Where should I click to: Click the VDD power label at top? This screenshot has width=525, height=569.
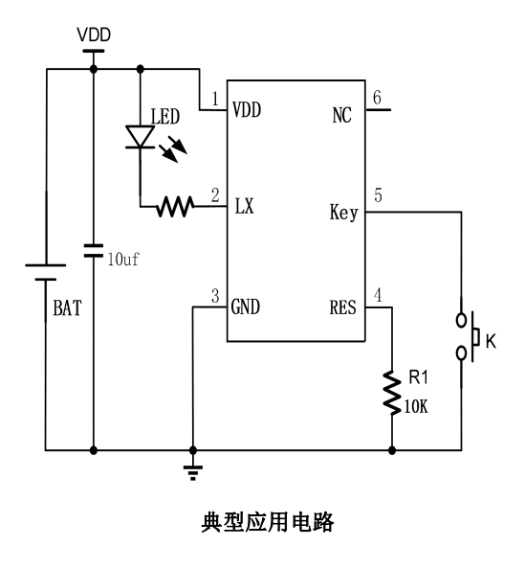(94, 35)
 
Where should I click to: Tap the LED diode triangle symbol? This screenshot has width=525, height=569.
(141, 137)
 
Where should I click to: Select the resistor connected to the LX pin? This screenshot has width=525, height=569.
(175, 207)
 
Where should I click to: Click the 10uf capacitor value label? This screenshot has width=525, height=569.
(123, 260)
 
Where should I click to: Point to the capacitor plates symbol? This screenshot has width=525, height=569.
(94, 251)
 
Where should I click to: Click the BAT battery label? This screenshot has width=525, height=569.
(67, 308)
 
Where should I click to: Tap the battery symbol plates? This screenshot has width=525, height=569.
(46, 272)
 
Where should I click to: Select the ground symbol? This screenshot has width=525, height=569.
(193, 472)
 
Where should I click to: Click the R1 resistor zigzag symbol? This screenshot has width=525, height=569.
(392, 393)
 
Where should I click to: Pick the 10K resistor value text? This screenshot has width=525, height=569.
(416, 406)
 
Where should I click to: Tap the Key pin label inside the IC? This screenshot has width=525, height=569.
(344, 213)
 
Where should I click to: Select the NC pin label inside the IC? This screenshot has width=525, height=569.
(341, 115)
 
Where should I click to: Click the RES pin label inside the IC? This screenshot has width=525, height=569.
(342, 307)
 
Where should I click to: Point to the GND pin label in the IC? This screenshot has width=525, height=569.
(246, 307)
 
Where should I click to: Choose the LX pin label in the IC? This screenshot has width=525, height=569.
(245, 206)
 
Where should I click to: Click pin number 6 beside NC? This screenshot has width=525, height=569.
(377, 98)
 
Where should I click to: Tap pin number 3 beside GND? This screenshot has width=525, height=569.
(215, 296)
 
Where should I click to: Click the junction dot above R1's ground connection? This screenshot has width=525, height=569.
(392, 450)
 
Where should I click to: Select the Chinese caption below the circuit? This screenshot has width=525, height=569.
(268, 522)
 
